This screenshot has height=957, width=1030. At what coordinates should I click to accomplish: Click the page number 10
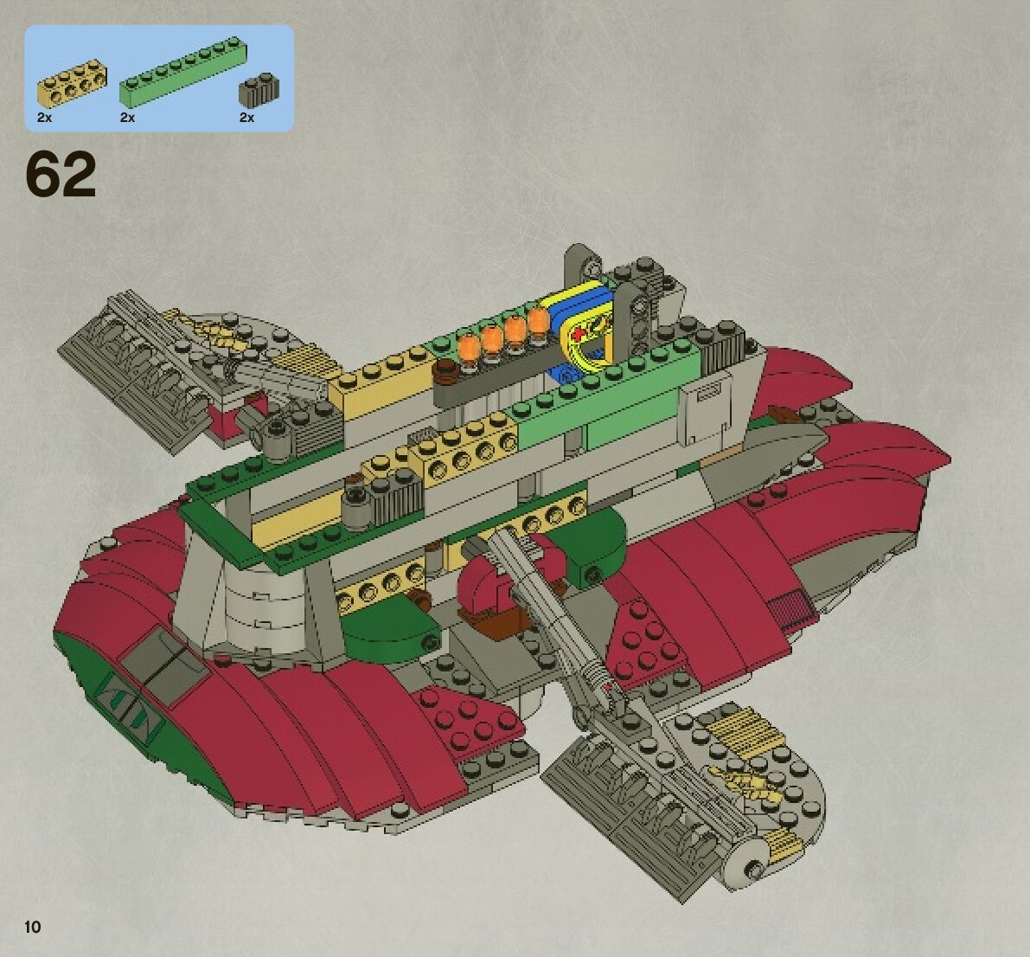coord(33,928)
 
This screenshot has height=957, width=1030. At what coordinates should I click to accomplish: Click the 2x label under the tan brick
coord(45,118)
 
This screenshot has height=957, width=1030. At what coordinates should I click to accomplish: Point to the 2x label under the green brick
coord(128,118)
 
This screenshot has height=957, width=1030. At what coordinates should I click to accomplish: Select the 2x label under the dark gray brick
coord(246,118)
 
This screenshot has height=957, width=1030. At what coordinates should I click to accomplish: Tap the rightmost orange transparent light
coord(538,324)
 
